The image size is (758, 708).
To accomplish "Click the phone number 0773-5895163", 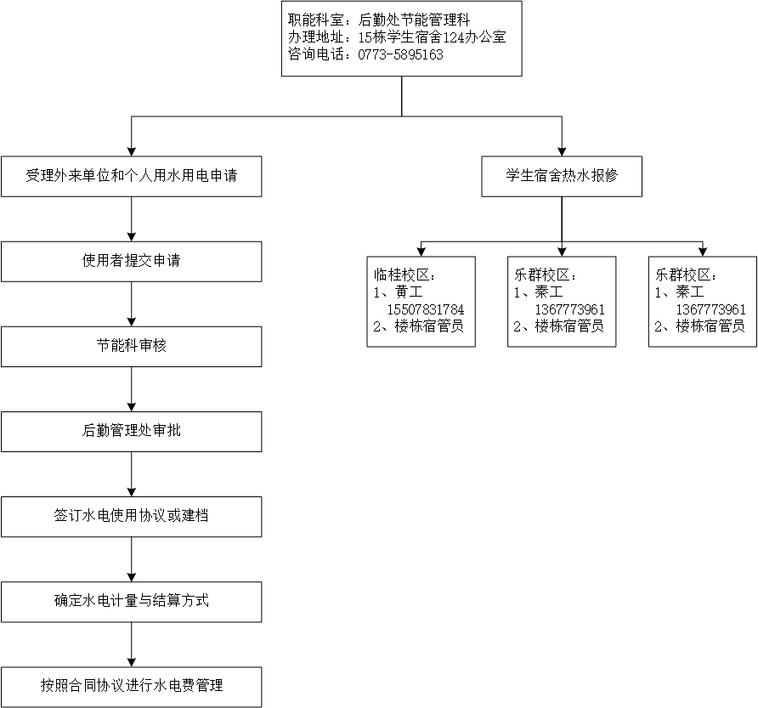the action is [400, 54].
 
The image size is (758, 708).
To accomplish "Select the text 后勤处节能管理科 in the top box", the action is [414, 20].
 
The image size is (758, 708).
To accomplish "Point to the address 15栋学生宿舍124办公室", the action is [432, 37].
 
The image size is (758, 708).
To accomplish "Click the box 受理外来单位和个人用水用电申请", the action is [132, 176].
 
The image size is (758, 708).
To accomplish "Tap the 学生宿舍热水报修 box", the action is [562, 176].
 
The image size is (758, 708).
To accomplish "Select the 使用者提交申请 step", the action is [132, 261].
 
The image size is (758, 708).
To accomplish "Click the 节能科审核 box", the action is [132, 346].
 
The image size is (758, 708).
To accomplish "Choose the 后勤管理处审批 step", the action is [132, 432].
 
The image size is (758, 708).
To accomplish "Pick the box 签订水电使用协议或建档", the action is [132, 517].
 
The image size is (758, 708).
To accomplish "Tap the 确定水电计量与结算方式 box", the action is [132, 602].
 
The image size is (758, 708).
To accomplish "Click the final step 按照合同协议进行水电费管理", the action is [132, 687].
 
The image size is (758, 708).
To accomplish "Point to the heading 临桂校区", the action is [401, 275].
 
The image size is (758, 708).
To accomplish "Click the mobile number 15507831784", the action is [426, 309].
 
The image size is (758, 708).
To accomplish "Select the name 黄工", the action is [409, 292].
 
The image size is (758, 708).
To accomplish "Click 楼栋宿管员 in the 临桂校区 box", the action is [429, 326].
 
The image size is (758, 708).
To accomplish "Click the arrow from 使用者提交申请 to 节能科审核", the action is [132, 304].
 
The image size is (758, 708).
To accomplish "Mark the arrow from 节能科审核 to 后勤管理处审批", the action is [132, 389].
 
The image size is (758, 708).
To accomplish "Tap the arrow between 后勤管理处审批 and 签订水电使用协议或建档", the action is [132, 474].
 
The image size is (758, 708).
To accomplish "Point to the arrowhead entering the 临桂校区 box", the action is [421, 252].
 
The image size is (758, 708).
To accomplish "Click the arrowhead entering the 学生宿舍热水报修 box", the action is [562, 151].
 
